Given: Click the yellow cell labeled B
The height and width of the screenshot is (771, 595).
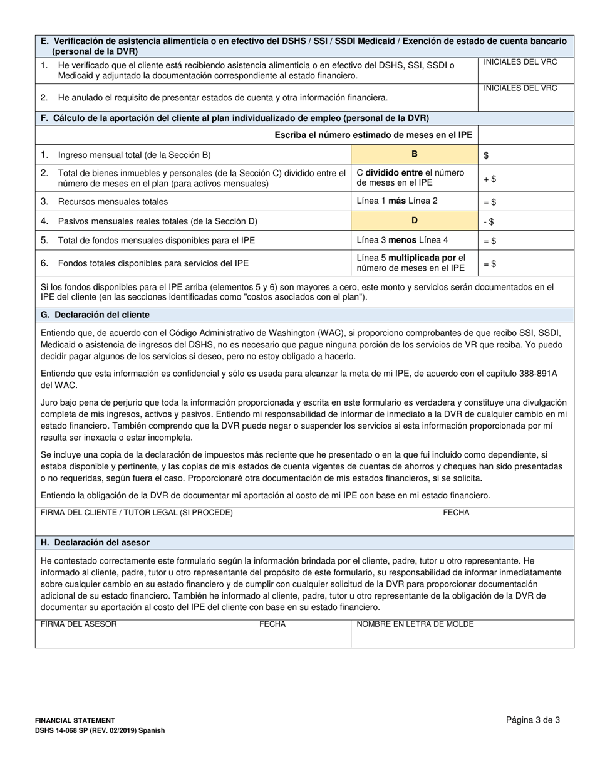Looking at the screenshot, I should [414, 154].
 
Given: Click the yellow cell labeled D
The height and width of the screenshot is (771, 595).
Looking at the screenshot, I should [414, 221].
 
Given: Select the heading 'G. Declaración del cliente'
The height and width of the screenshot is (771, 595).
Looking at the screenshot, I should [95, 315].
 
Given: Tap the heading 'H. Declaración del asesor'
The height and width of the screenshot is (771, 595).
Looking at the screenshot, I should [95, 542].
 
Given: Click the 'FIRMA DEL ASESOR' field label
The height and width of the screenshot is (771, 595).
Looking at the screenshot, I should [78, 624].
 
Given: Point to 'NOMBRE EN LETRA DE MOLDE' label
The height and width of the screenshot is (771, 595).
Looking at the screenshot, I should [415, 624].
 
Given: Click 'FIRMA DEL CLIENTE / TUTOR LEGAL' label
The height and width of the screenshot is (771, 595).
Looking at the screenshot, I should [137, 513].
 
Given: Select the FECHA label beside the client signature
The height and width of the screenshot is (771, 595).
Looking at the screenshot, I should [456, 513].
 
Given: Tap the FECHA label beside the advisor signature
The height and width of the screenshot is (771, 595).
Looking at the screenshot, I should [272, 624].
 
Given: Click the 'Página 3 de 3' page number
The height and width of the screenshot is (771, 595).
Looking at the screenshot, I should [533, 720].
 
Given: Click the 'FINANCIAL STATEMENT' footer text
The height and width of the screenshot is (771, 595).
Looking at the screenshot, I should [75, 721].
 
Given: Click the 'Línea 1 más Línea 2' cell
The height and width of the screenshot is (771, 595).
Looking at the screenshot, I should [397, 201].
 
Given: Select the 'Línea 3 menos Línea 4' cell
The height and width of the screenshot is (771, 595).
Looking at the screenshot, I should [401, 240].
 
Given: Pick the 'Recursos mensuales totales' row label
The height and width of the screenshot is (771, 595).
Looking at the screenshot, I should [113, 202].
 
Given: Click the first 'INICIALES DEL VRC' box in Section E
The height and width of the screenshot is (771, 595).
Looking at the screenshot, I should [525, 70].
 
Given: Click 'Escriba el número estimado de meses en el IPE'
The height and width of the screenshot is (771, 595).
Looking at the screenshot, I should [373, 135].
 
